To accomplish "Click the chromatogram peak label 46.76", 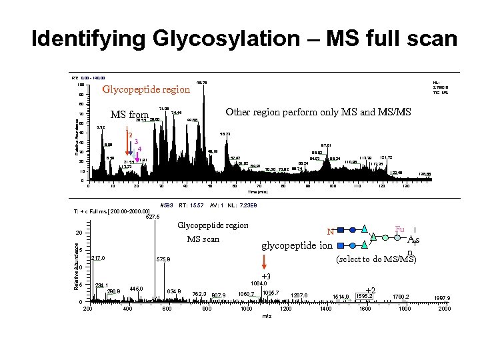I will coord(203,83).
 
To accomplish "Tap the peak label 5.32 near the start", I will coord(101,127).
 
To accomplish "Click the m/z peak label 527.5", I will coord(153,216).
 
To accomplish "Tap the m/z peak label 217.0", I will coord(99,258).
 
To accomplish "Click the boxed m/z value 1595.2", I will coord(365,296).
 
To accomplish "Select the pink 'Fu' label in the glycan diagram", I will coord(400,229).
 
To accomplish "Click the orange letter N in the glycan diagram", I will coord(329,233).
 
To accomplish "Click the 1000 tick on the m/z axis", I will coord(247,309).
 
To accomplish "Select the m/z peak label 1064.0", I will coord(259,283).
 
